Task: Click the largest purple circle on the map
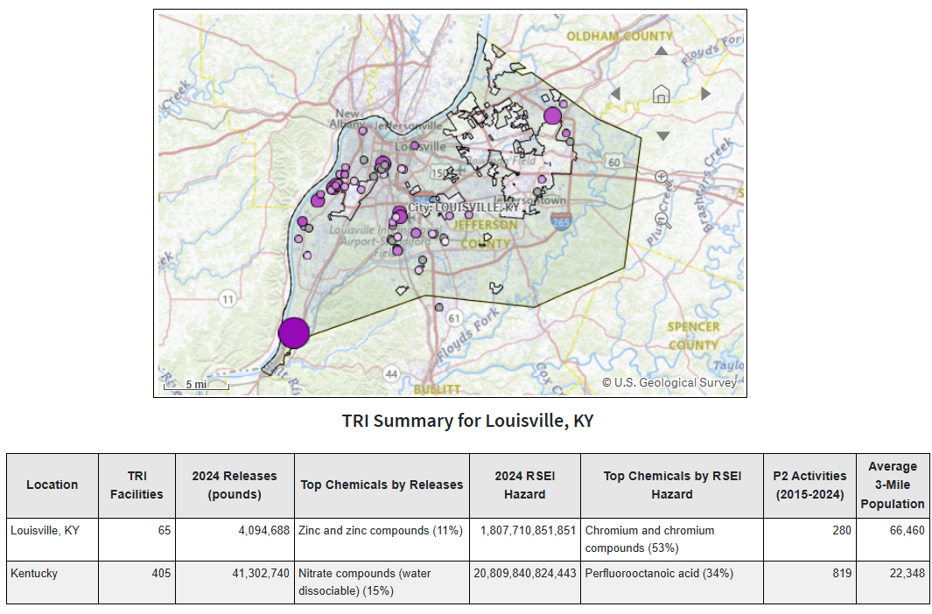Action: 294,333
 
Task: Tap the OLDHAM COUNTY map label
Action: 620,36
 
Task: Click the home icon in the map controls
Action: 662,93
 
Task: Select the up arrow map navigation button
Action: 662,51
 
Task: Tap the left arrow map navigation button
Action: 615,94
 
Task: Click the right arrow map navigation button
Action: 706,94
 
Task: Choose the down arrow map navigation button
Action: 662,136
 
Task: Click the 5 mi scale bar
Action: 196,384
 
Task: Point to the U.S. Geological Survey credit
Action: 669,382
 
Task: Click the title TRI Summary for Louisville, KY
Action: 467,421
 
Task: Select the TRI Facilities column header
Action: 137,485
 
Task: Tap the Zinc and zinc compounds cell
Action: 381,531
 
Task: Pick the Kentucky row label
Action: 35,574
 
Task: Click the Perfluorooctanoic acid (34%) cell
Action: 659,574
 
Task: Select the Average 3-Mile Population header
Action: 892,485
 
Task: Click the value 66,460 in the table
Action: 907,531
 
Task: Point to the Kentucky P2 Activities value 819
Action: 841,574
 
